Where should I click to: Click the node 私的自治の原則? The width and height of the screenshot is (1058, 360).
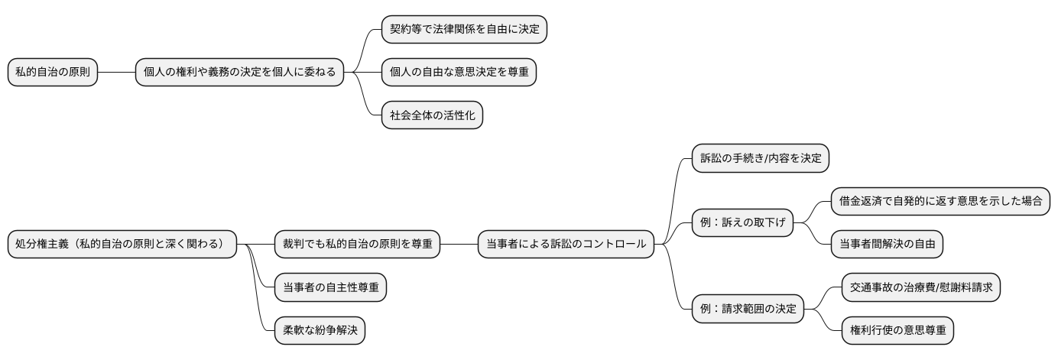coord(53,73)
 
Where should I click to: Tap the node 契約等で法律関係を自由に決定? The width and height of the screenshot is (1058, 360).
coord(465,29)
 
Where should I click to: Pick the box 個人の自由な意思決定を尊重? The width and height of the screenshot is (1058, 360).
coord(459,73)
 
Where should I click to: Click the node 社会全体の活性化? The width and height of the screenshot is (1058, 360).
coord(432,115)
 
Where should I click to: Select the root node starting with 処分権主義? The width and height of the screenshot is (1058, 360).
coord(122,245)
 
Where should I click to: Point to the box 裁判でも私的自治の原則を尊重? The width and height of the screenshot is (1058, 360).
coord(357,245)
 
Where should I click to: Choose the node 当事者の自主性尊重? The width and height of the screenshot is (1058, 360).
coord(329,287)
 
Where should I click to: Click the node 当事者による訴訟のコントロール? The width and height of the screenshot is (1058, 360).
coord(566,245)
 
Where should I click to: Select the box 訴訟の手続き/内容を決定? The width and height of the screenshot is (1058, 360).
coord(760,158)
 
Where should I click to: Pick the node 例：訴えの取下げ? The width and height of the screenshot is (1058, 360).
coord(742,223)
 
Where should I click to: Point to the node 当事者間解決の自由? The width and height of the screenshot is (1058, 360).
coord(887,245)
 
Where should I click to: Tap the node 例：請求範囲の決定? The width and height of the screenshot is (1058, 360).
coord(748,309)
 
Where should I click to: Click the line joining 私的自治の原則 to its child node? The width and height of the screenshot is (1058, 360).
coord(116,73)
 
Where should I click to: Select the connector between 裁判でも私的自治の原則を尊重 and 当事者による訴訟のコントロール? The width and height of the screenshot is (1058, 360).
coord(459,245)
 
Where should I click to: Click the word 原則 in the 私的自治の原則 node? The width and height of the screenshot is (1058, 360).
coord(78,73)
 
